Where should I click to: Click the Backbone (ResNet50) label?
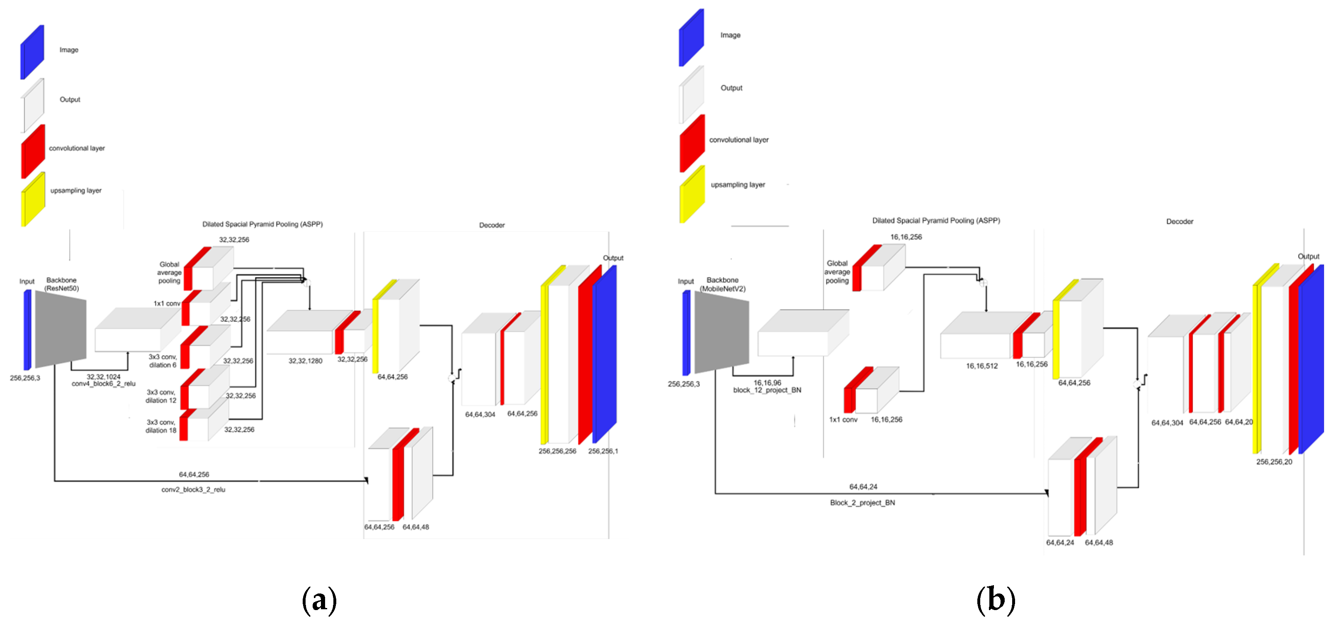pyautogui.click(x=61, y=284)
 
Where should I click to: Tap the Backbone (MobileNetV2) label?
pyautogui.click(x=722, y=284)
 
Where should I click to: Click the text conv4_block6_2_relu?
pyautogui.click(x=103, y=383)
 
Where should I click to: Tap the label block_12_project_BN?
pyautogui.click(x=767, y=390)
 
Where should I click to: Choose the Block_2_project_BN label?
pyautogui.click(x=862, y=502)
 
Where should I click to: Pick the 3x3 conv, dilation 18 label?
pyautogui.click(x=161, y=426)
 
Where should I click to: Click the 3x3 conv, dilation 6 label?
pyautogui.click(x=162, y=361)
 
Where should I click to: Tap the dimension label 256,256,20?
pyautogui.click(x=1274, y=462)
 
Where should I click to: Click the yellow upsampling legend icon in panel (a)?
pyautogui.click(x=33, y=200)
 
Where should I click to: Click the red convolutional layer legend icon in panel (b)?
pyautogui.click(x=692, y=144)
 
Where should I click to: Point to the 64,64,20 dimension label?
pyautogui.click(x=1239, y=422)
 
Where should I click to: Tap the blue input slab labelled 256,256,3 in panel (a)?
pyautogui.click(x=27, y=330)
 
